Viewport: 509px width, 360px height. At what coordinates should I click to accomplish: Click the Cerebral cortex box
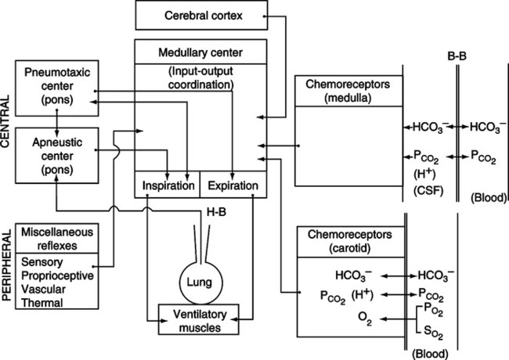(x=202, y=16)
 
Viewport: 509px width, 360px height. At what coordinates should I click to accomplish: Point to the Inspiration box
(x=168, y=186)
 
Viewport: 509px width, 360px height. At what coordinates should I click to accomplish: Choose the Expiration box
(x=229, y=186)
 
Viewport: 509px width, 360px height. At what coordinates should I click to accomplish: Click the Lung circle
(x=201, y=279)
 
